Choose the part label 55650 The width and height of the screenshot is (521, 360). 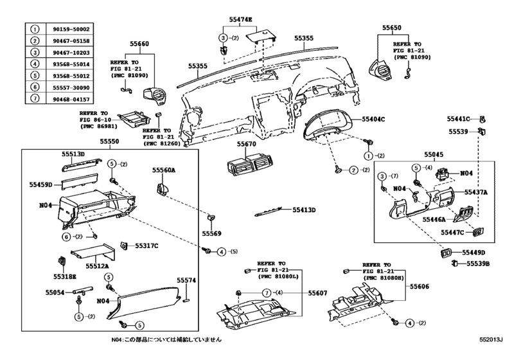click(x=391, y=28)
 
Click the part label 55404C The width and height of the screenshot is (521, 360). click(x=373, y=120)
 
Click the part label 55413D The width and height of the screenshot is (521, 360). click(x=305, y=210)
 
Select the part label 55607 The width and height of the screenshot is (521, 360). click(x=317, y=293)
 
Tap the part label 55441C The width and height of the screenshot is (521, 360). click(x=459, y=119)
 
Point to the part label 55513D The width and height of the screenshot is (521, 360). click(x=73, y=154)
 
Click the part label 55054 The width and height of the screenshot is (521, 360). click(x=55, y=291)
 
